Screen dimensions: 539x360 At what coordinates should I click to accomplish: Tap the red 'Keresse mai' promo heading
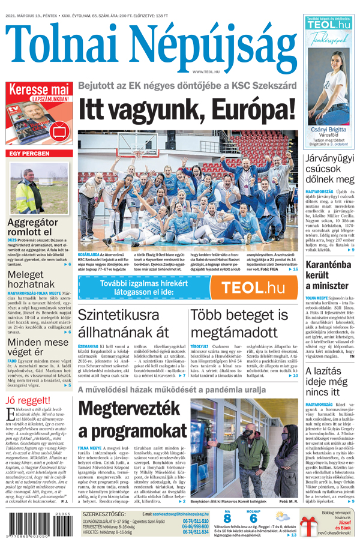coord(39,91)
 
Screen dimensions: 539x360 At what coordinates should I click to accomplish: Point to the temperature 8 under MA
coord(227,518)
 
